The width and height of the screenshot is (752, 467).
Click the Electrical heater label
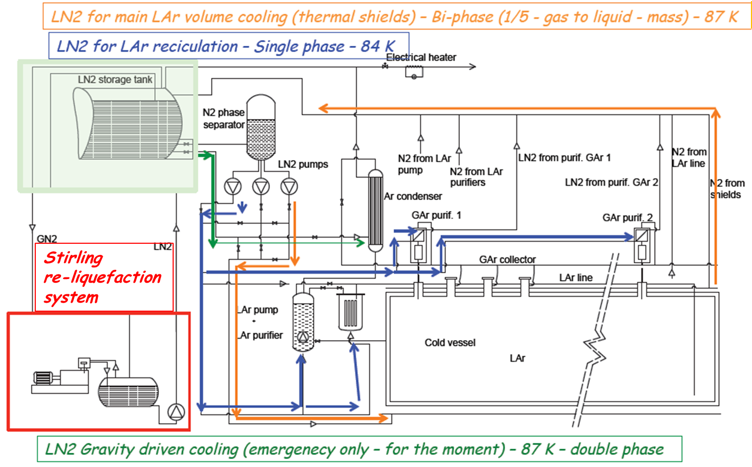coord(421,57)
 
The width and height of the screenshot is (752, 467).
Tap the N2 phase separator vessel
coord(261,127)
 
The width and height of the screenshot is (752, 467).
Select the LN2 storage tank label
coord(115,80)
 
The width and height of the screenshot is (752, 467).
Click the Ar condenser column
coord(375,211)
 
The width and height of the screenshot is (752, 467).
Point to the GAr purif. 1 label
coord(436,215)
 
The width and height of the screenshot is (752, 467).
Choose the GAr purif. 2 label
coord(627,217)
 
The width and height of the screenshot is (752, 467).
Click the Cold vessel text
coord(450,343)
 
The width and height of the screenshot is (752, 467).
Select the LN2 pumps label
coord(303,164)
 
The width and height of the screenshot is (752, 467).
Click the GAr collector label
coord(507,260)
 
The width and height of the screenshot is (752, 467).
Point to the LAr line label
coord(576,277)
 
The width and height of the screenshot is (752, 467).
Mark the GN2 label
coord(47,239)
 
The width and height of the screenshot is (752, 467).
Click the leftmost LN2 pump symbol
coord(233,186)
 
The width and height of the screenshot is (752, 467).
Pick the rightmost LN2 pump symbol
coord(289,186)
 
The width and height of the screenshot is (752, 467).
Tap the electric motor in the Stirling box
coord(42,377)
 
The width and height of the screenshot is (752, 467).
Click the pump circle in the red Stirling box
coord(176,412)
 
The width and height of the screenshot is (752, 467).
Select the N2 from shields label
coord(728,189)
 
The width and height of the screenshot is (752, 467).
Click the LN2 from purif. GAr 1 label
coord(564,157)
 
